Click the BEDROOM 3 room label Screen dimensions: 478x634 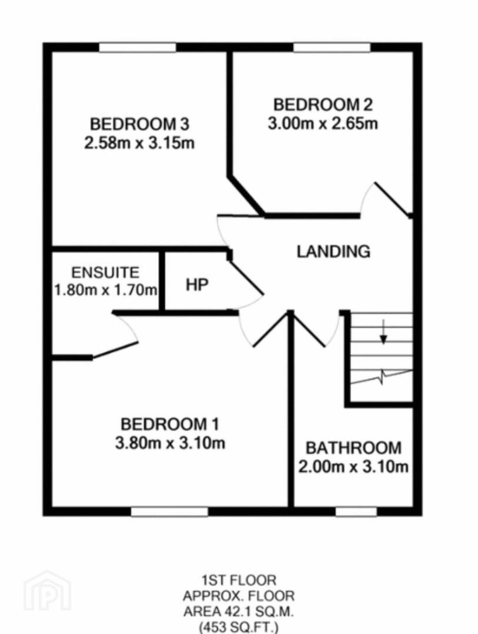140,124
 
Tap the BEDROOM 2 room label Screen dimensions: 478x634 323,104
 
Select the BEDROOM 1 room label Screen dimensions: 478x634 170,424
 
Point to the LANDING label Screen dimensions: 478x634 333,251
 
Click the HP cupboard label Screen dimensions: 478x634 198,285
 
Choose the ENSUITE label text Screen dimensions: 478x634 105,272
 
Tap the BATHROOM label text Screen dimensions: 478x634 353,448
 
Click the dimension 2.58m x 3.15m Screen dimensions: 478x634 139,143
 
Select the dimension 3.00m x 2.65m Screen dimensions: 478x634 323,123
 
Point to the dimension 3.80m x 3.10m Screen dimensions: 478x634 170,443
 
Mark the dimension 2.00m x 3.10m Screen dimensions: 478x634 353,467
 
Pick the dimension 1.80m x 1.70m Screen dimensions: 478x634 106,290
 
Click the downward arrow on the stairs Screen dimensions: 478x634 383,332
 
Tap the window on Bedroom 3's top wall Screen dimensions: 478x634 138,48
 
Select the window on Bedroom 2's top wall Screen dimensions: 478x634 332,48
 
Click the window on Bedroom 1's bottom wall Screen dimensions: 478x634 169,512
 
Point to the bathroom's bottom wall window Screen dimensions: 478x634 356,512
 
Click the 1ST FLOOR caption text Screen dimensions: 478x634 239,581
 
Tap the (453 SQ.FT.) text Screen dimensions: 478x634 239,628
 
